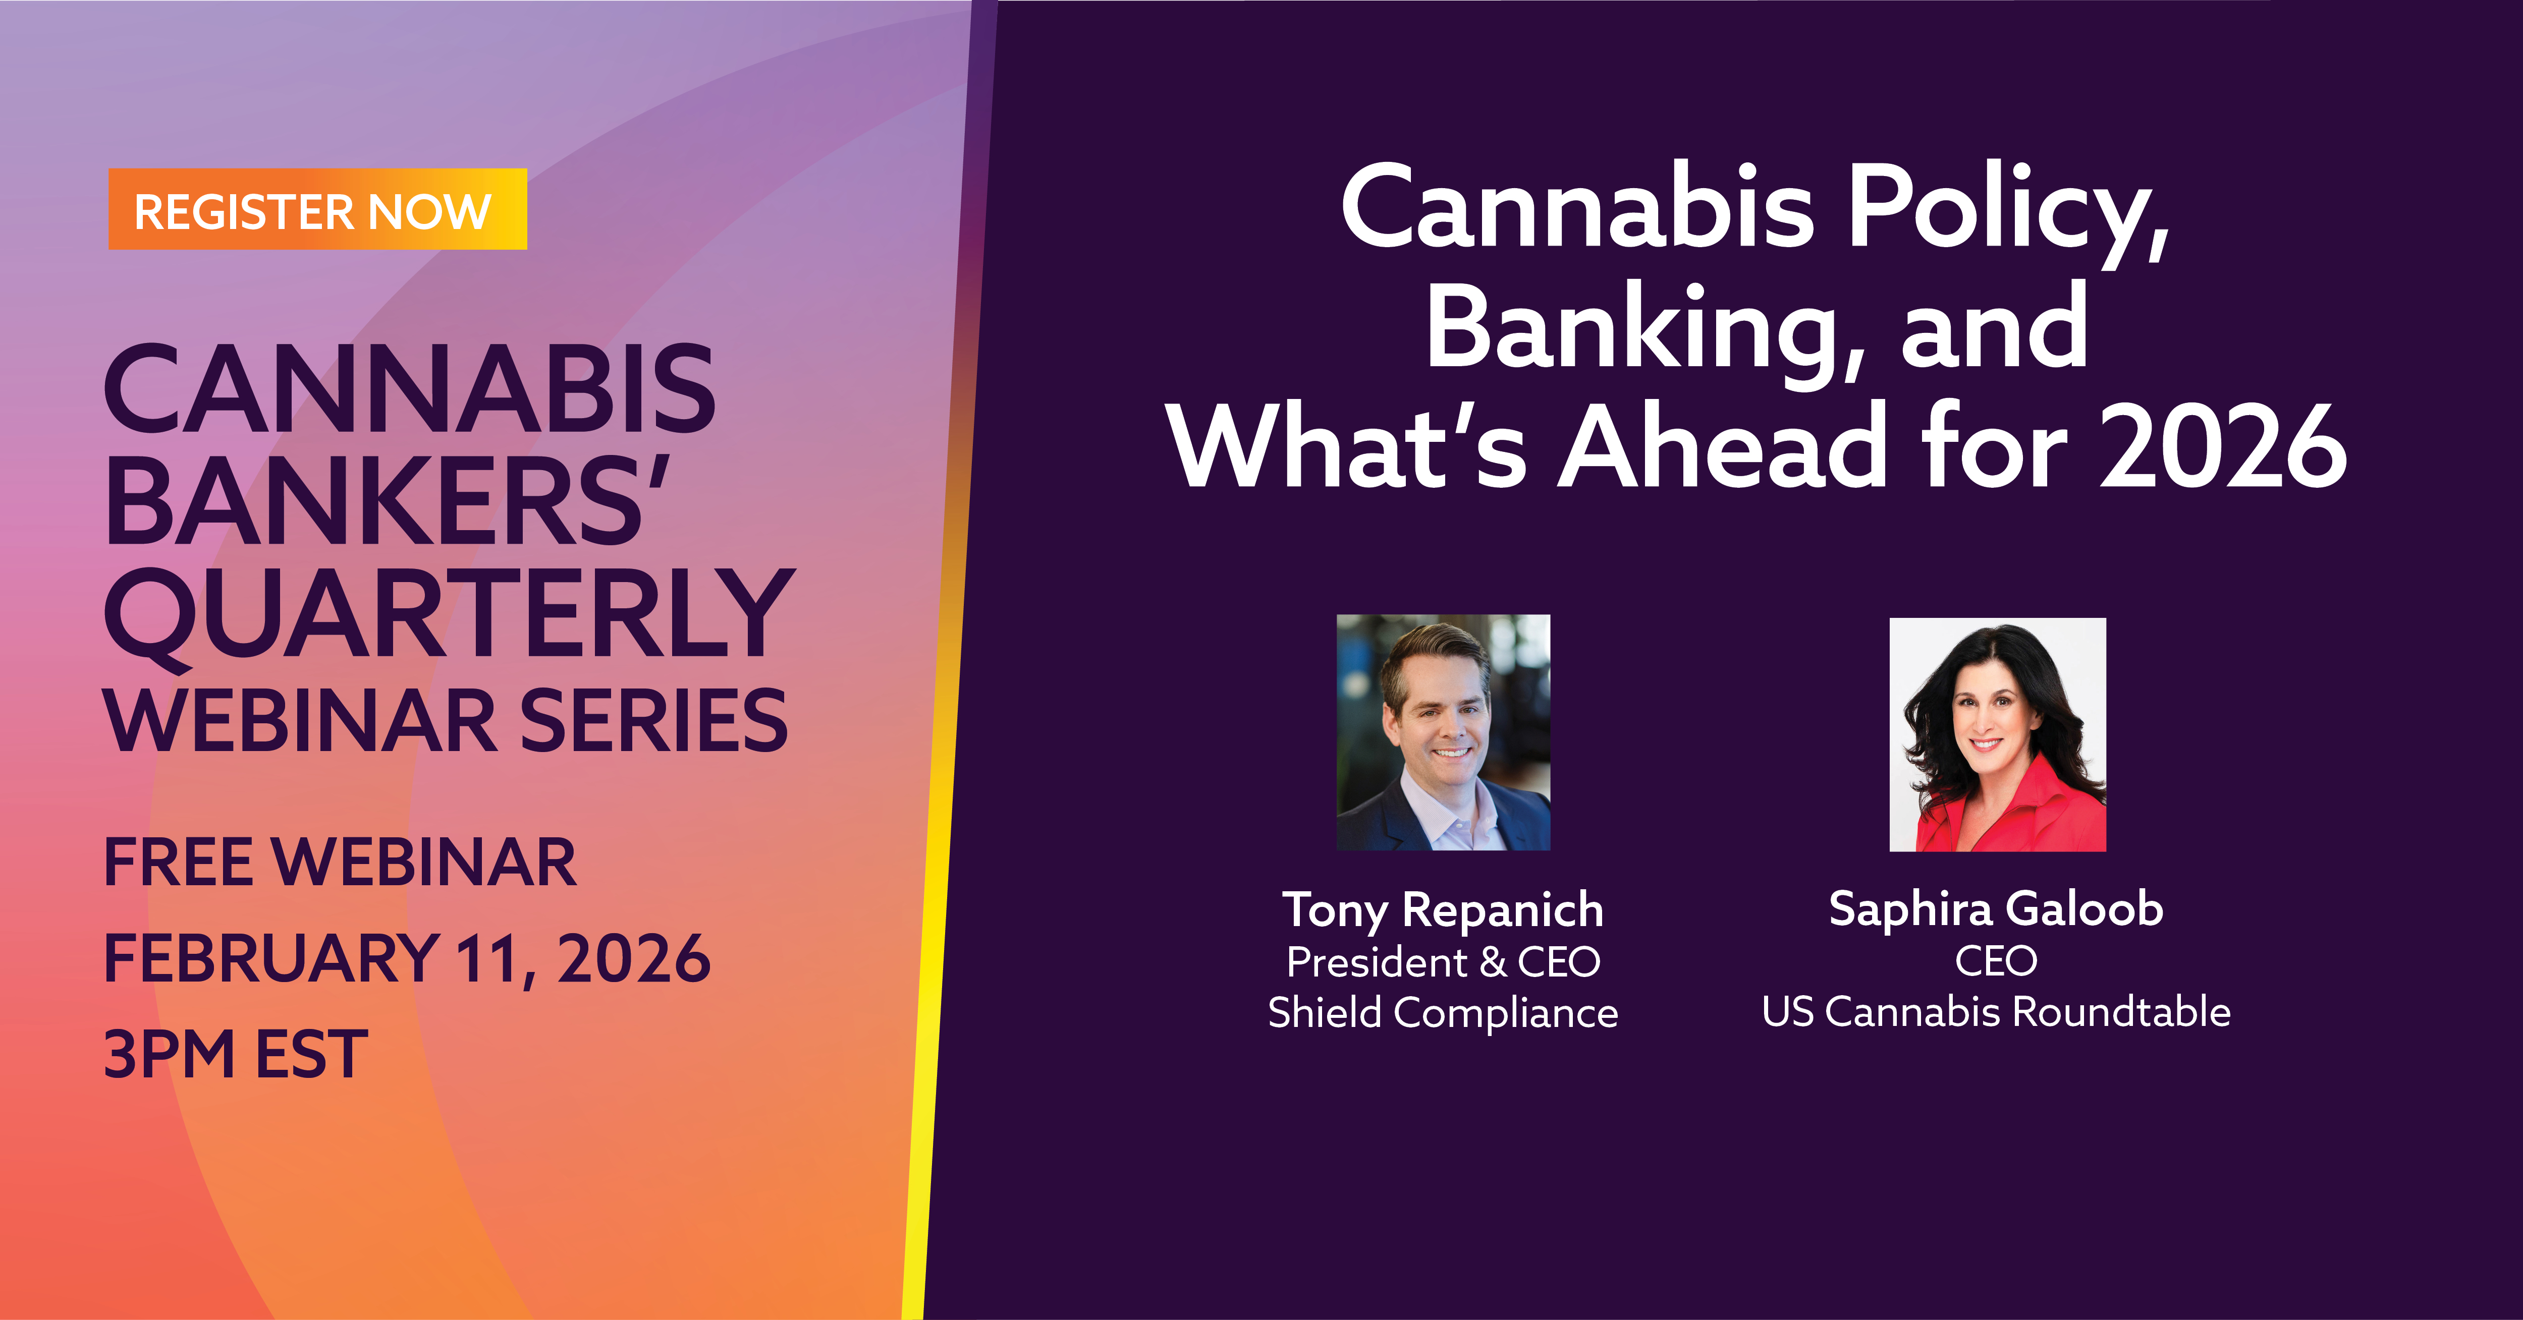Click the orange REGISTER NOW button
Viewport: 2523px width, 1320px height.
click(317, 209)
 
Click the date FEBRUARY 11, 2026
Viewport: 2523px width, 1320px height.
click(407, 959)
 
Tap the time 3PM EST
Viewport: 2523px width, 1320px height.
click(235, 1055)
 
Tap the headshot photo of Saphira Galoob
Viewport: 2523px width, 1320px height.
click(1997, 734)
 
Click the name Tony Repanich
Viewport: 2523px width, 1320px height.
click(1443, 910)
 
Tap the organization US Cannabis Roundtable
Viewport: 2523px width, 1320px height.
click(1996, 1011)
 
